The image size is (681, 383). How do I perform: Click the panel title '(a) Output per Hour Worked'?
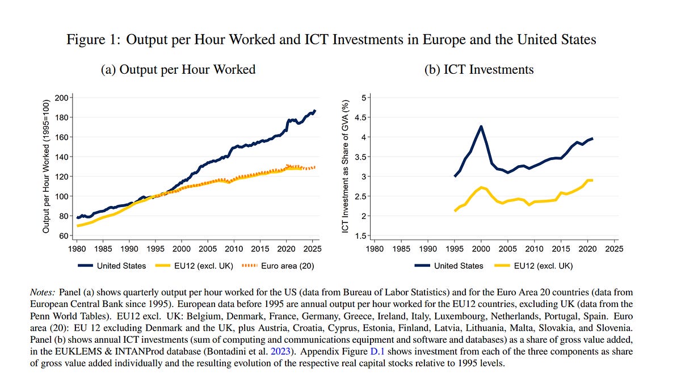click(178, 69)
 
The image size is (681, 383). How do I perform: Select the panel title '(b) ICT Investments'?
click(479, 69)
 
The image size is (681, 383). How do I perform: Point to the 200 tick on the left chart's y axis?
click(62, 98)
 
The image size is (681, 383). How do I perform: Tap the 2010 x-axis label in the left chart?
click(234, 249)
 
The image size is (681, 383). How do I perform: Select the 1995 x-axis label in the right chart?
click(455, 249)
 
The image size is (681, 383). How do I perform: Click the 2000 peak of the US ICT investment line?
click(481, 127)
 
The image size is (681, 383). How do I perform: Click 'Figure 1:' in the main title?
click(94, 40)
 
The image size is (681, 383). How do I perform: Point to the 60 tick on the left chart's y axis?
click(64, 235)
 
